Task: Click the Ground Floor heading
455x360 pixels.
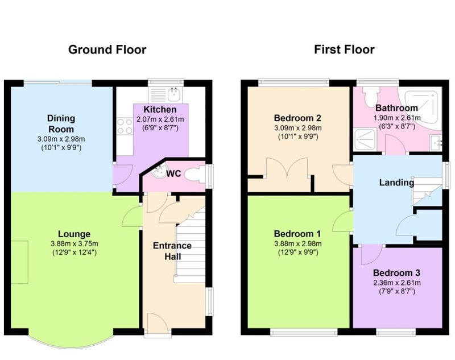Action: [107, 50]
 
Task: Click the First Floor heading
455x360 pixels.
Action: [344, 49]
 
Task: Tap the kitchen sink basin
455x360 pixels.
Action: [174, 94]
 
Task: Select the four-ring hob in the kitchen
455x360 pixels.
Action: [125, 126]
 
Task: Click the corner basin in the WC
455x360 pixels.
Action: [159, 171]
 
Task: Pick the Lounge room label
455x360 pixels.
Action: [75, 234]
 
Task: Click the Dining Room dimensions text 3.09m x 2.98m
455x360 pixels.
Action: [61, 139]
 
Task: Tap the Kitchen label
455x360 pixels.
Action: [160, 109]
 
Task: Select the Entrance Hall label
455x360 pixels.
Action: [172, 251]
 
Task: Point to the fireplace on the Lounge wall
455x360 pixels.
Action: [19, 262]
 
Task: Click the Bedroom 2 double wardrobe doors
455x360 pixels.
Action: [287, 167]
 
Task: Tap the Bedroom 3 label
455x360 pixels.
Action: [396, 273]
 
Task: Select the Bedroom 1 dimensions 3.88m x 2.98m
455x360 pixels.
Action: [297, 243]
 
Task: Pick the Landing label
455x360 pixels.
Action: [396, 183]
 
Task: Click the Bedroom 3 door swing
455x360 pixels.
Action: [372, 255]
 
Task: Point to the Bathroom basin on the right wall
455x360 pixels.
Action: [436, 143]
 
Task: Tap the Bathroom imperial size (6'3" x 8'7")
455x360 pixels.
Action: [397, 126]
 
